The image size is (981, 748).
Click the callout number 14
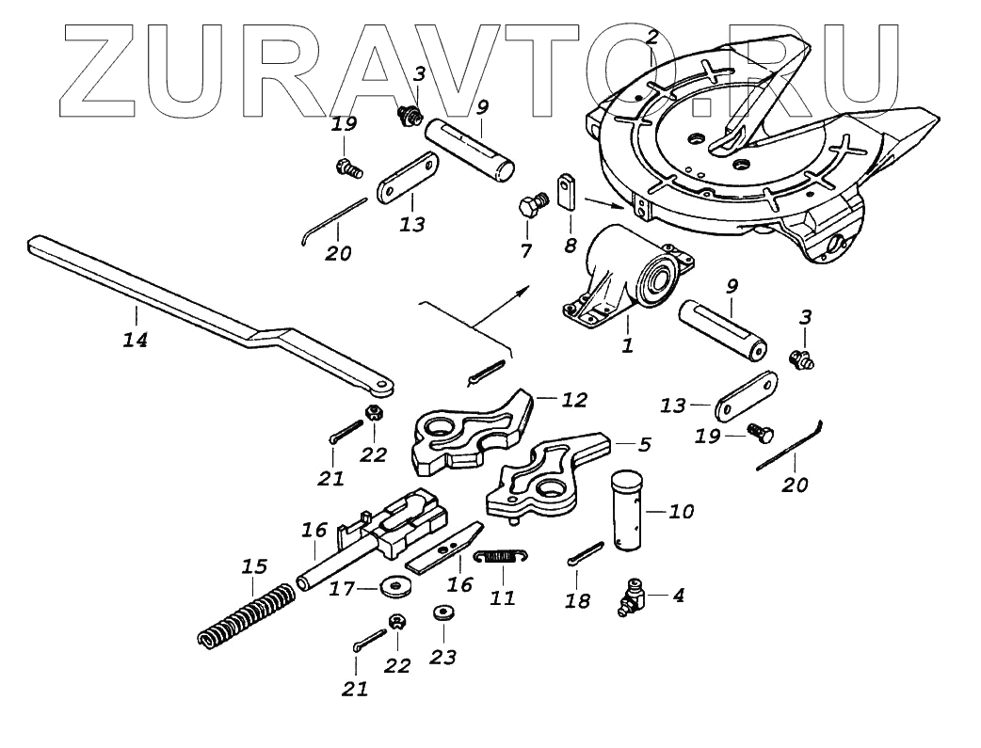coord(136,340)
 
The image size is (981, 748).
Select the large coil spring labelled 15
coord(244,617)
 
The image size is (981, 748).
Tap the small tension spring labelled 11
coord(499,557)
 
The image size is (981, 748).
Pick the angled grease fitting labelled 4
coord(630,598)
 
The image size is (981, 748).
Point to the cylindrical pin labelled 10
coord(628,512)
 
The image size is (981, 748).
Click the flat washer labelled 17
coord(394,588)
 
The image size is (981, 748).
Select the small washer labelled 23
coord(442,613)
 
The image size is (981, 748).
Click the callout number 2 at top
coord(651,39)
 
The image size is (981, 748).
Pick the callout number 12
coord(573,400)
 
